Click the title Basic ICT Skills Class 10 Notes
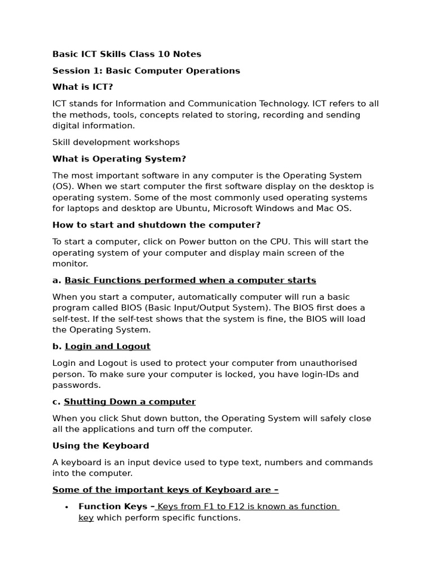click(126, 54)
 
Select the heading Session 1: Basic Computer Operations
click(146, 71)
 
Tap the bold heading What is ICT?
click(82, 87)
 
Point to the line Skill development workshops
click(116, 142)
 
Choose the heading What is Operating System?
click(119, 159)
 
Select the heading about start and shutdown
click(156, 225)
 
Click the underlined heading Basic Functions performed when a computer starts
click(190, 280)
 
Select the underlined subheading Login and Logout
click(107, 346)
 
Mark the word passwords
click(77, 385)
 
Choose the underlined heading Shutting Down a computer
click(130, 401)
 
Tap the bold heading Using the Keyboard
click(100, 446)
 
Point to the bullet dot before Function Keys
click(67, 507)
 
